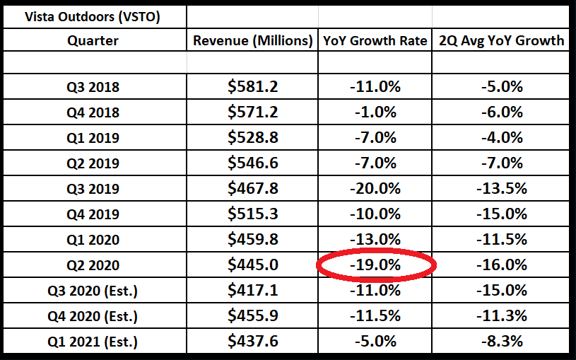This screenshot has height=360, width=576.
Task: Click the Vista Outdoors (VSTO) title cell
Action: pos(93,16)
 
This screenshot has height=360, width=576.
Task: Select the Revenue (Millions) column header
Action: pos(253,41)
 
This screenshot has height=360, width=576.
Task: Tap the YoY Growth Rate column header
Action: pos(375,41)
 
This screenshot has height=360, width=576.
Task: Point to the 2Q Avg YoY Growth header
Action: pos(500,41)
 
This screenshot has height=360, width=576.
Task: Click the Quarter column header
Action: pos(93,41)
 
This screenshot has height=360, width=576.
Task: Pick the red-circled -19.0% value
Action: pos(375,265)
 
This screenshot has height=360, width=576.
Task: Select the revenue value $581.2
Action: pos(253,87)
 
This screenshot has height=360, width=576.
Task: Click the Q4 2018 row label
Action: pos(93,112)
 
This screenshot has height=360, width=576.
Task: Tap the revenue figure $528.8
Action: pos(253,138)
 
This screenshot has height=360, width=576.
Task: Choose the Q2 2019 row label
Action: pos(93,163)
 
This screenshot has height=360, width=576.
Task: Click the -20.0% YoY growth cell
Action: pos(375,189)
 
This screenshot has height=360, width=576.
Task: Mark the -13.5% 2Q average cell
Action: pos(500,189)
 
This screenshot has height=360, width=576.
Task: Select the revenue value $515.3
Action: pos(253,214)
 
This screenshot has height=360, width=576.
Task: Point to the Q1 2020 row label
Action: pos(93,240)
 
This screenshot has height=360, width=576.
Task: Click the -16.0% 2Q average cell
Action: pos(500,265)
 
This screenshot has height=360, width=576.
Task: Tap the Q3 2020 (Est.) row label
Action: pos(93,291)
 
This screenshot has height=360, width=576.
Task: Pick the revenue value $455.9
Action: pos(253,316)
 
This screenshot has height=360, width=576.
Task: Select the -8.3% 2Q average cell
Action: pos(500,342)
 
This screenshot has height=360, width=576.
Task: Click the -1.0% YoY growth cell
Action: pos(375,112)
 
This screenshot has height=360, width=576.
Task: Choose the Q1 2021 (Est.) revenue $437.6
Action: pos(253,342)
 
